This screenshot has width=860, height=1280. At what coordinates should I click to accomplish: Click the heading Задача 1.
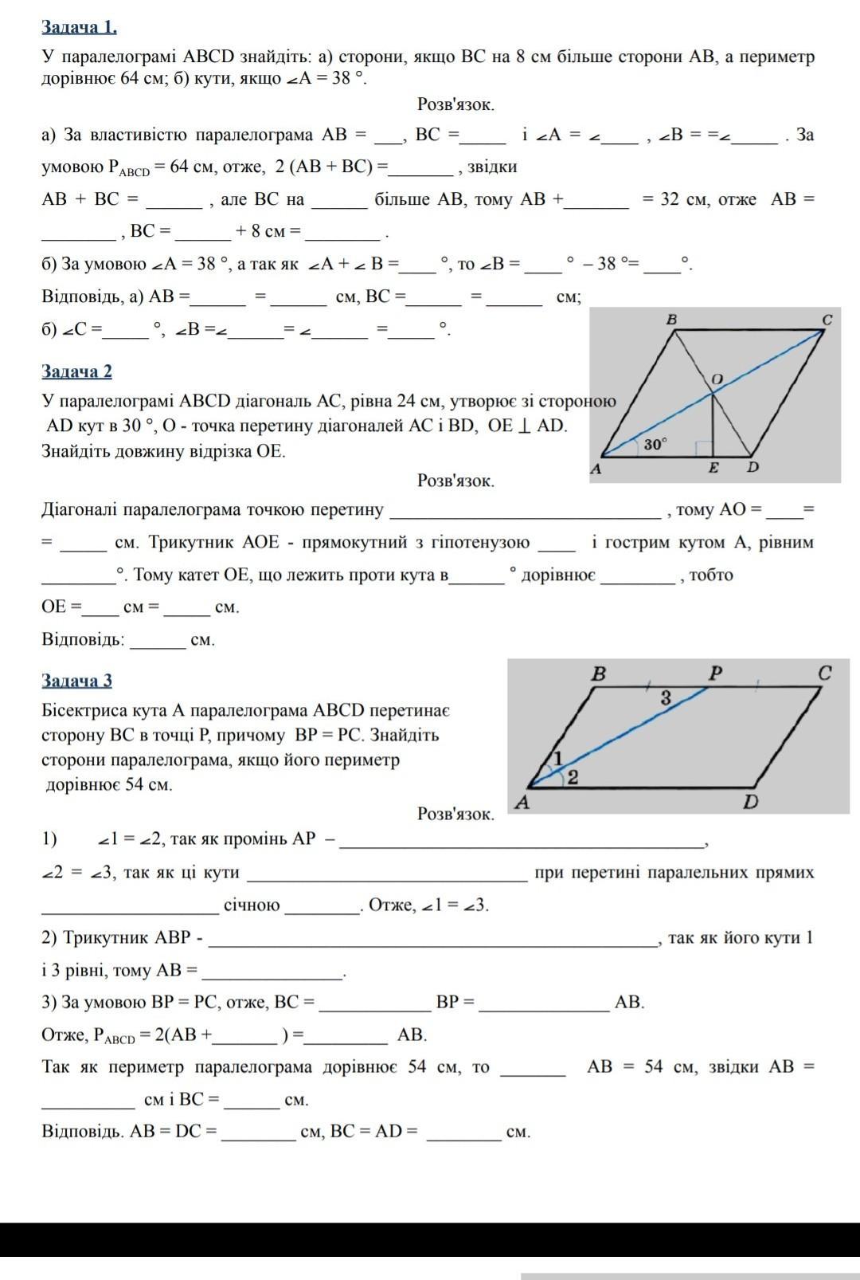pyautogui.click(x=79, y=27)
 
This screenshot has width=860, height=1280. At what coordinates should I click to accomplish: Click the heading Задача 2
pyautogui.click(x=76, y=371)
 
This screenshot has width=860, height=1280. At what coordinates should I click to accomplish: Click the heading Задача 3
pyautogui.click(x=76, y=680)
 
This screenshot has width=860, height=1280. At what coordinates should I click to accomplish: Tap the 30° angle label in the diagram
pyautogui.click(x=655, y=445)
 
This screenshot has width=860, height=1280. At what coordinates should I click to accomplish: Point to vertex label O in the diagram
pyautogui.click(x=717, y=379)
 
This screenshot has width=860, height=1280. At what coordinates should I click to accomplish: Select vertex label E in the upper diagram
pyautogui.click(x=713, y=468)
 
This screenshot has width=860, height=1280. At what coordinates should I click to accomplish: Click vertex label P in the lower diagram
pyautogui.click(x=716, y=673)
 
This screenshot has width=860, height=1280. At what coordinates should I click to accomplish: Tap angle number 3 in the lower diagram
pyautogui.click(x=666, y=698)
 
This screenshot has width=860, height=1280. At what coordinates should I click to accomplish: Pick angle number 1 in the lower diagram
pyautogui.click(x=558, y=757)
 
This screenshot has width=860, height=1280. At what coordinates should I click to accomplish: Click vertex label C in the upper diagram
pyautogui.click(x=827, y=320)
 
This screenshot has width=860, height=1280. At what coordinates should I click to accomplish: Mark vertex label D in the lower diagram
pyautogui.click(x=751, y=802)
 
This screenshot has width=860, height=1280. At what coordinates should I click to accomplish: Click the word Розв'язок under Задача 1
pyautogui.click(x=455, y=104)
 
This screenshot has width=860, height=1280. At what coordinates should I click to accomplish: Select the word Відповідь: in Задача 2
pyautogui.click(x=83, y=639)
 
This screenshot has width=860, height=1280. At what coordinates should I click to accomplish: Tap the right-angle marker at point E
pyautogui.click(x=702, y=448)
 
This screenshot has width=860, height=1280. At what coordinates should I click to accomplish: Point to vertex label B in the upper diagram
pyautogui.click(x=671, y=320)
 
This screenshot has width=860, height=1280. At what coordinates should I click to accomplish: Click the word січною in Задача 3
pyautogui.click(x=252, y=905)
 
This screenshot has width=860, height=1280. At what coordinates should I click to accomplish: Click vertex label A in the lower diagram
pyautogui.click(x=523, y=802)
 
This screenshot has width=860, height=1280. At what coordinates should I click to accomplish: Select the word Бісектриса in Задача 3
pyautogui.click(x=85, y=710)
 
